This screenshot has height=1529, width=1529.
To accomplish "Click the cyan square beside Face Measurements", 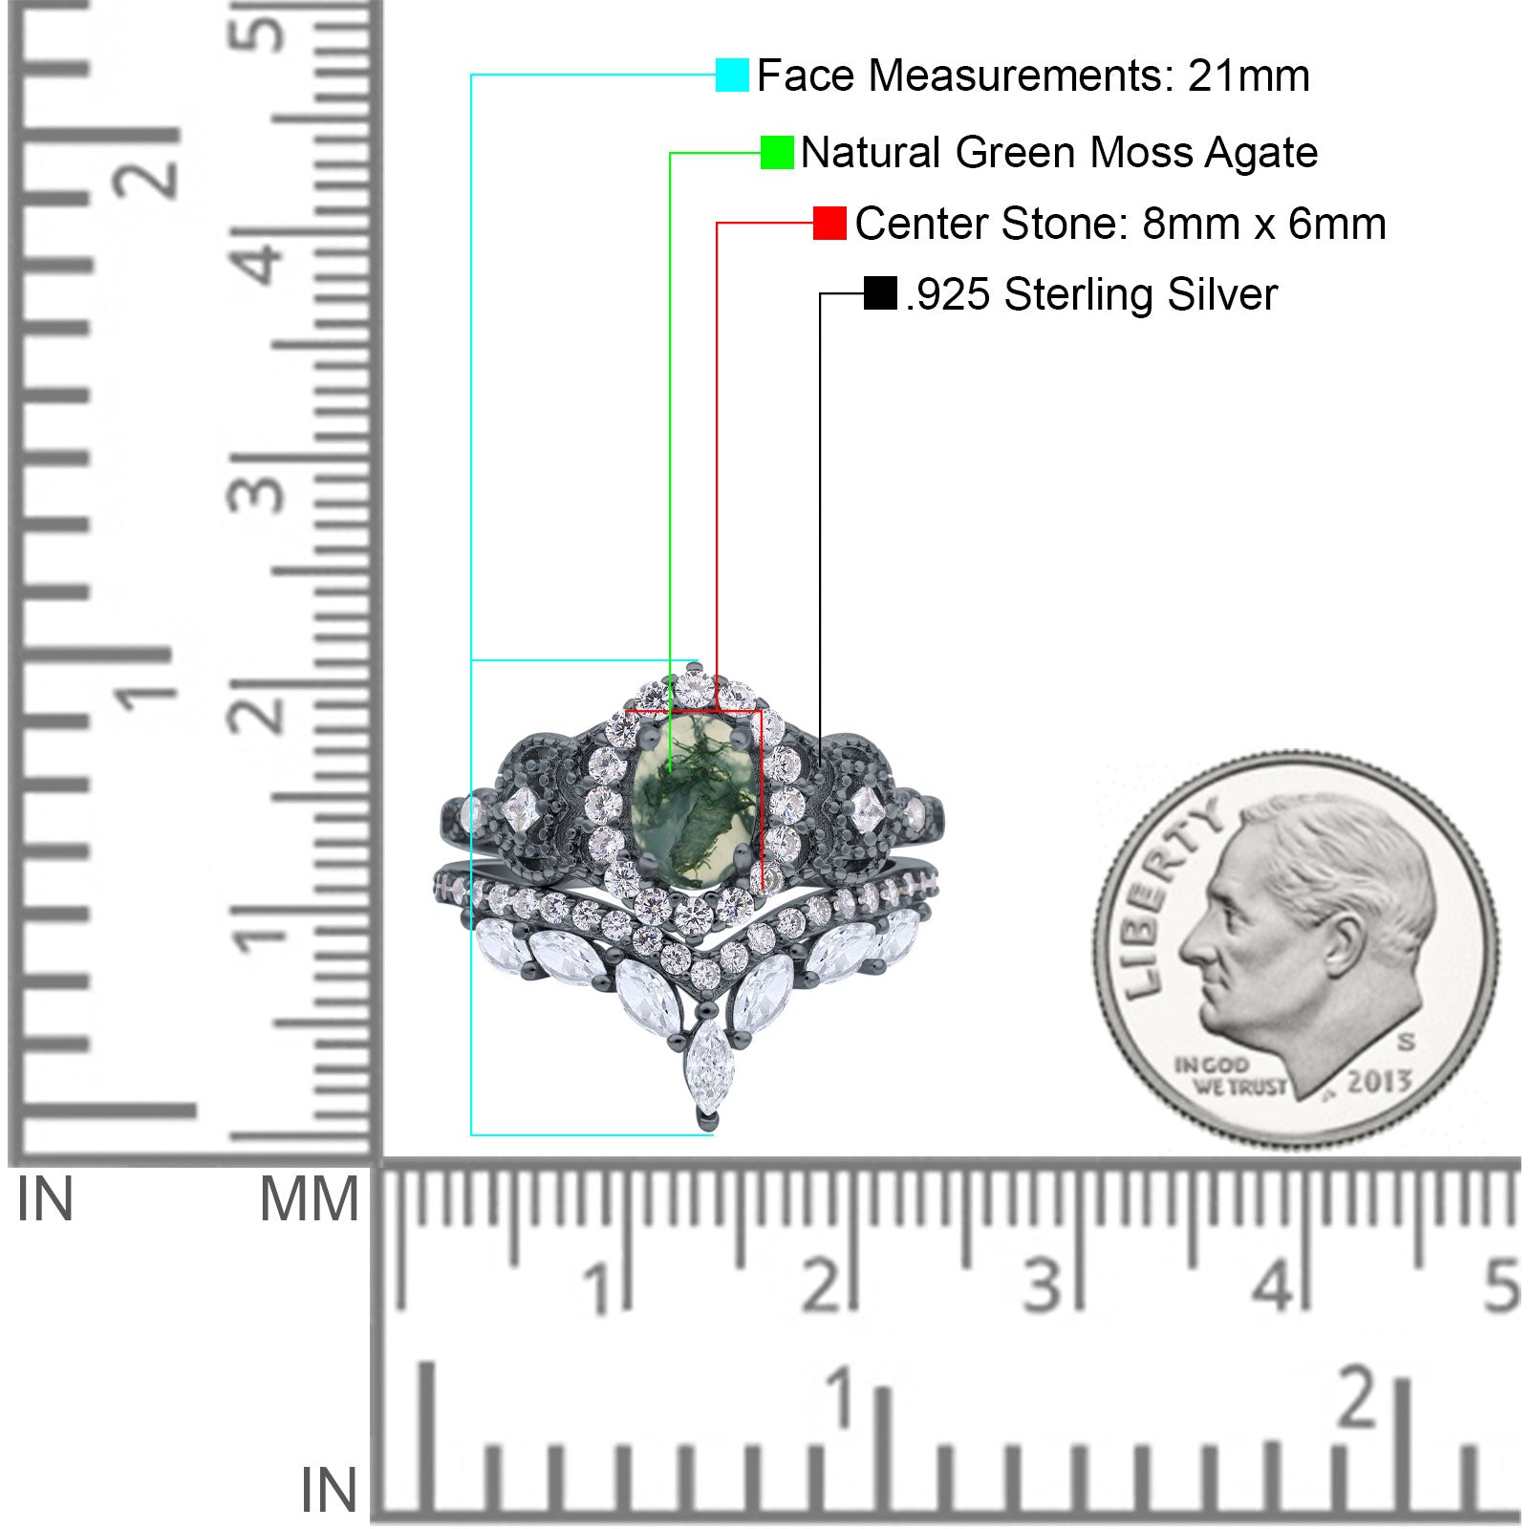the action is tap(732, 75).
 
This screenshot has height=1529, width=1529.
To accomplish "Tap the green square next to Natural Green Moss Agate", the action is tap(777, 152).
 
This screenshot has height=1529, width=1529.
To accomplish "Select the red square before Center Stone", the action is tap(829, 223).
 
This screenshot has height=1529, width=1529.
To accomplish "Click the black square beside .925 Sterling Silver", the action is tap(880, 293).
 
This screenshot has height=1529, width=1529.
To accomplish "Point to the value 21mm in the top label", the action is tap(1249, 75).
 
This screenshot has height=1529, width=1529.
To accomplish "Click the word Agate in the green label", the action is tap(1261, 154).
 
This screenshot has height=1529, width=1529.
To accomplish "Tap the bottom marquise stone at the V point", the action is tap(708, 1066).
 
